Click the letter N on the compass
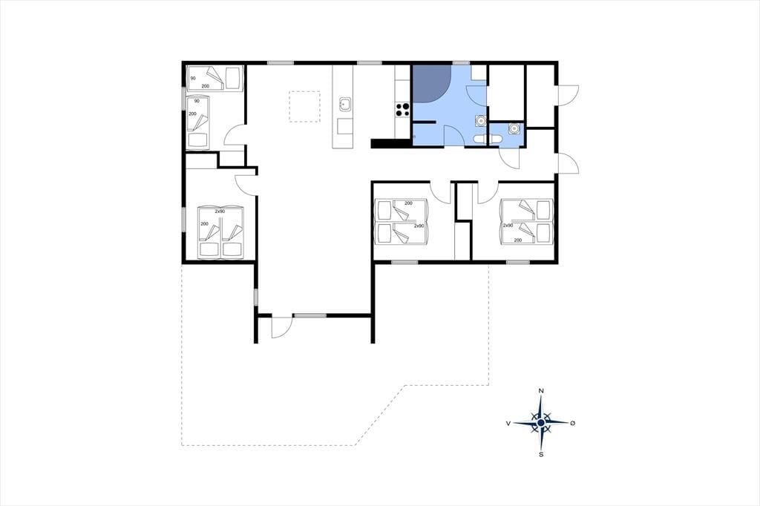541,391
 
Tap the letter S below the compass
541,454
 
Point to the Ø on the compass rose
572,423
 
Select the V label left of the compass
508,423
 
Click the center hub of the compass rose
541,423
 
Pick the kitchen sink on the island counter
346,104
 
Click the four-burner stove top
402,110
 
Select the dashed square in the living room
304,106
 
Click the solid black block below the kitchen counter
390,143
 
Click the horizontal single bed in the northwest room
214,78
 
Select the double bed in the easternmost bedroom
528,221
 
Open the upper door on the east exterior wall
568,94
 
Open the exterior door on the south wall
281,326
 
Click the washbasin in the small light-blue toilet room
514,128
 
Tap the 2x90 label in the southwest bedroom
220,211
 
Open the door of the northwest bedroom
235,134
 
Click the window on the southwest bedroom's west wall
184,219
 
